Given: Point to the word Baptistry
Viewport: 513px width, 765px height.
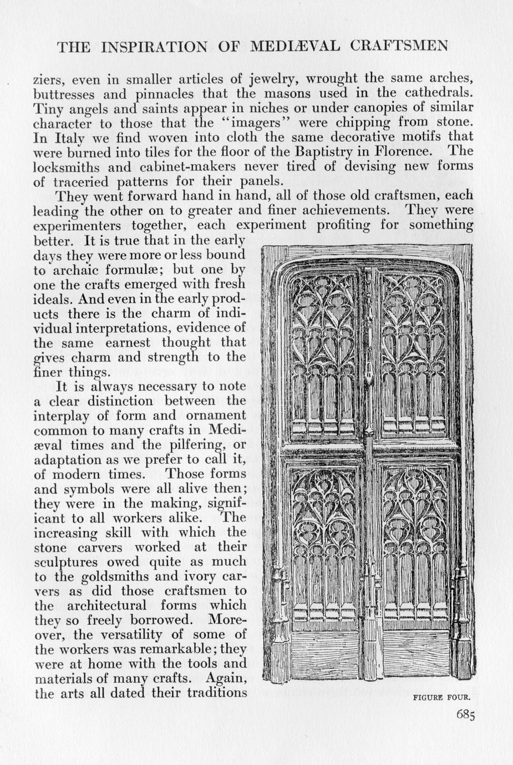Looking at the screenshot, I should (327, 151).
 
